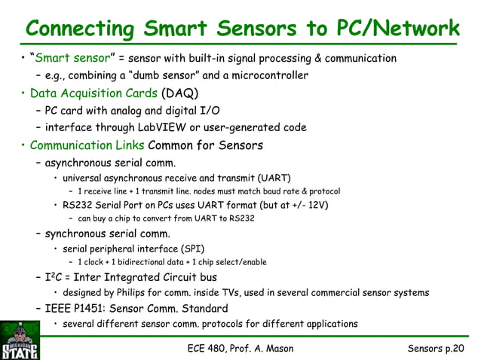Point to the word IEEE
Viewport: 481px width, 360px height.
59,308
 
